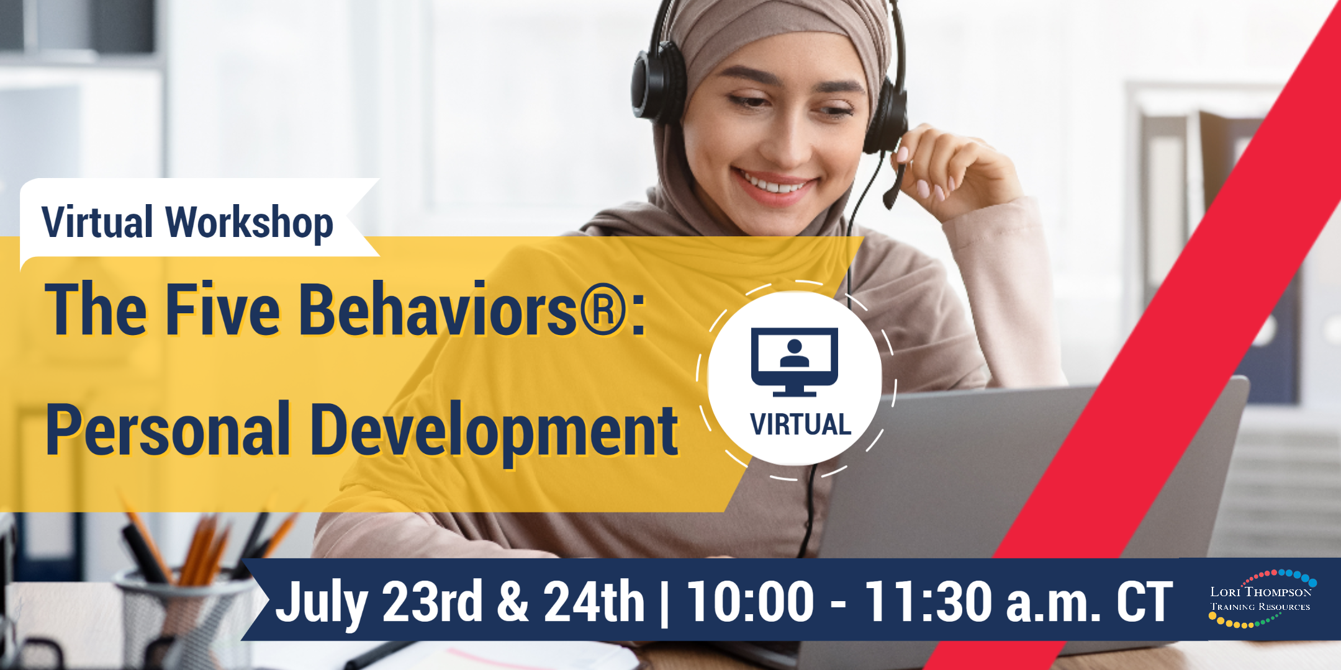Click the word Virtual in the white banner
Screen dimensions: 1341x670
pos(97,221)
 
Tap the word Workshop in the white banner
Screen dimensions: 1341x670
pos(250,223)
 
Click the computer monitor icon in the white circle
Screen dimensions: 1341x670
pos(795,362)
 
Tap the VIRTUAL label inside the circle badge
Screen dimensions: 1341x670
pos(801,425)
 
